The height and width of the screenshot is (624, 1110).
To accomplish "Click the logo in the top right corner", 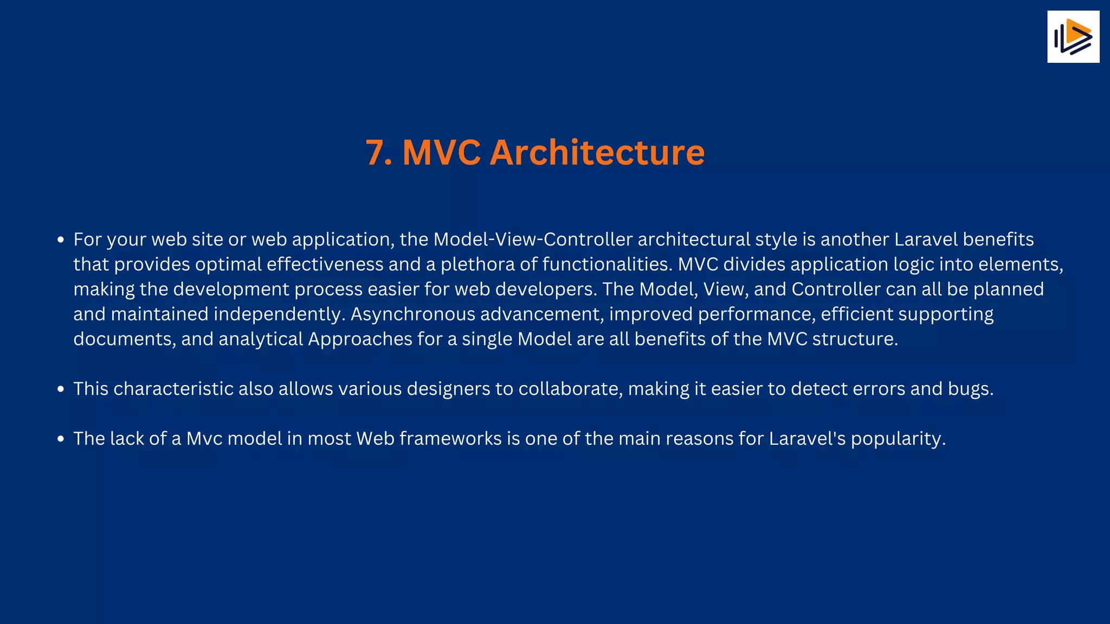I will point(1073,37).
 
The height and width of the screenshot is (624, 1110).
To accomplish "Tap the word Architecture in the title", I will point(597,153).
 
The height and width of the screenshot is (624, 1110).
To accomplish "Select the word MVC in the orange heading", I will point(441,153).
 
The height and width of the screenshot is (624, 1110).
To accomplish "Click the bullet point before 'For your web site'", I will point(61,240).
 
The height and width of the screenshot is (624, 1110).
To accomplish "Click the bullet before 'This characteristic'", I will point(61,389).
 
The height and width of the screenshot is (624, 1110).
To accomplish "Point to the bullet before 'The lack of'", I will point(61,439).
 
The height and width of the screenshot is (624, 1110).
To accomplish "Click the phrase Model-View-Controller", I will point(533,239).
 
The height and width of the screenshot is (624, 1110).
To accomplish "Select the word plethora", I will point(477,264).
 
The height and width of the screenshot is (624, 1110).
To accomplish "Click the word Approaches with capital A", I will point(360,340).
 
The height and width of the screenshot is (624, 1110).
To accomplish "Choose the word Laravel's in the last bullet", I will point(807,439).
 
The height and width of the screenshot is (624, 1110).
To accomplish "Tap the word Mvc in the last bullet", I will point(204,439).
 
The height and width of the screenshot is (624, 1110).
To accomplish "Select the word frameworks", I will point(450,439).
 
